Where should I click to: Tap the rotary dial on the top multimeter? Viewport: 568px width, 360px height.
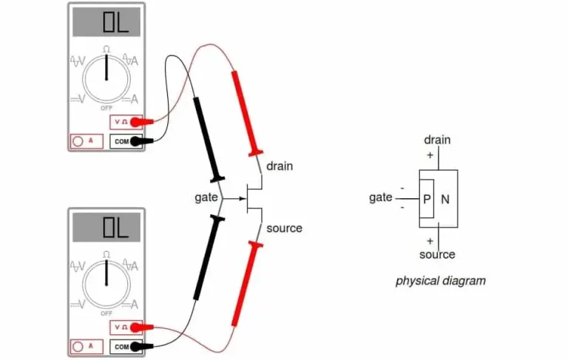click(x=106, y=76)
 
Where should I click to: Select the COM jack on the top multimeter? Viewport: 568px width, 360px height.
click(x=126, y=140)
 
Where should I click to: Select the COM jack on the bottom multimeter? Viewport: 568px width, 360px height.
click(x=126, y=345)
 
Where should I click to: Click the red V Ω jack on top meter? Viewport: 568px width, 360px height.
click(x=126, y=121)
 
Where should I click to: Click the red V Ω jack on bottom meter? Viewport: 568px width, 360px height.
click(x=126, y=326)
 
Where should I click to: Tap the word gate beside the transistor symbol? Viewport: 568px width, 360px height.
click(x=206, y=198)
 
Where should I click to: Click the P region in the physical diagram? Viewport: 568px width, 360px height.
click(x=427, y=199)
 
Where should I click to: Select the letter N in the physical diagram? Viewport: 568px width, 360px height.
click(x=445, y=199)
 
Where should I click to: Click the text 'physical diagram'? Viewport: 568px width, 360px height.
click(x=440, y=281)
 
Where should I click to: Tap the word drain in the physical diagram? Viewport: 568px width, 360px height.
click(x=437, y=140)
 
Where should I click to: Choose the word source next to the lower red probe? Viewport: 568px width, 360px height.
click(x=284, y=228)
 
